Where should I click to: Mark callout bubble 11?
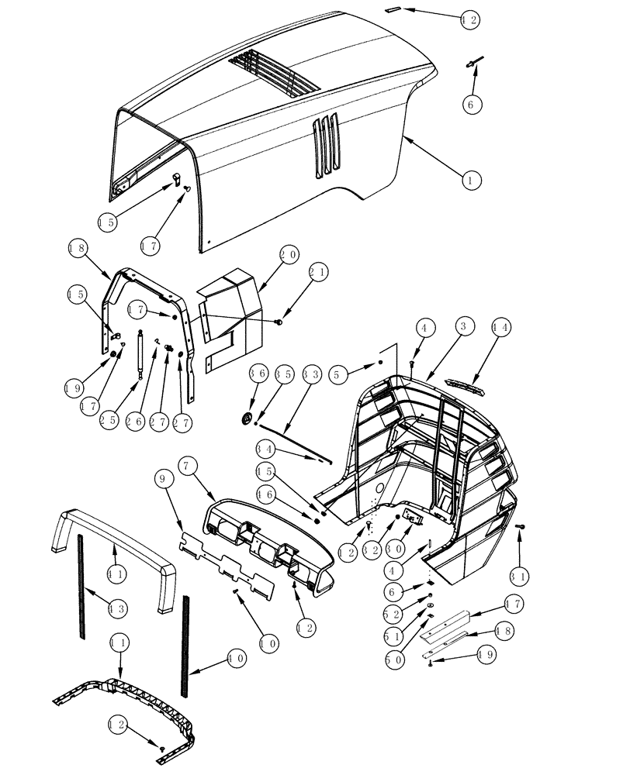(119, 644)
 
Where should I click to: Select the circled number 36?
(259, 373)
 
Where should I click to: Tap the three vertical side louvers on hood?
(327, 144)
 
